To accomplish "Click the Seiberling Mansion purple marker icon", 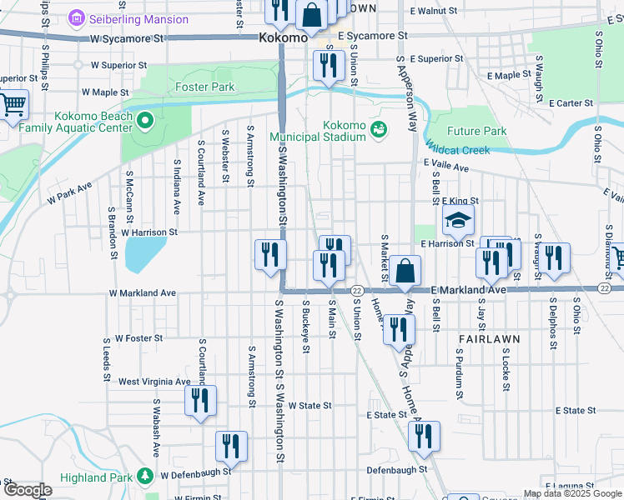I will pyautogui.click(x=77, y=17).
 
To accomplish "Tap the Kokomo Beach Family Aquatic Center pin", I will pyautogui.click(x=145, y=122).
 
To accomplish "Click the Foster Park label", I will pyautogui.click(x=204, y=87).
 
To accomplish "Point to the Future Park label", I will pyautogui.click(x=476, y=132).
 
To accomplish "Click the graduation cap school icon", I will pyautogui.click(x=457, y=221).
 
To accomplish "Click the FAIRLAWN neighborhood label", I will pyautogui.click(x=489, y=340).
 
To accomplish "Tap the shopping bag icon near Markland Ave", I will pyautogui.click(x=405, y=271).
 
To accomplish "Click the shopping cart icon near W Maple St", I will pyautogui.click(x=13, y=106).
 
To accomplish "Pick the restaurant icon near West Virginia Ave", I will pyautogui.click(x=200, y=401).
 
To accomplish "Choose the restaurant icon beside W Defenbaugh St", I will pyautogui.click(x=231, y=447).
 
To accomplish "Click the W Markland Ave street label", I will pyautogui.click(x=143, y=293).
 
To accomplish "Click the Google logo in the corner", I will pyautogui.click(x=28, y=490).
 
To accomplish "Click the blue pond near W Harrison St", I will pyautogui.click(x=145, y=253).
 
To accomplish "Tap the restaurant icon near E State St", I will pyautogui.click(x=424, y=437).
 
